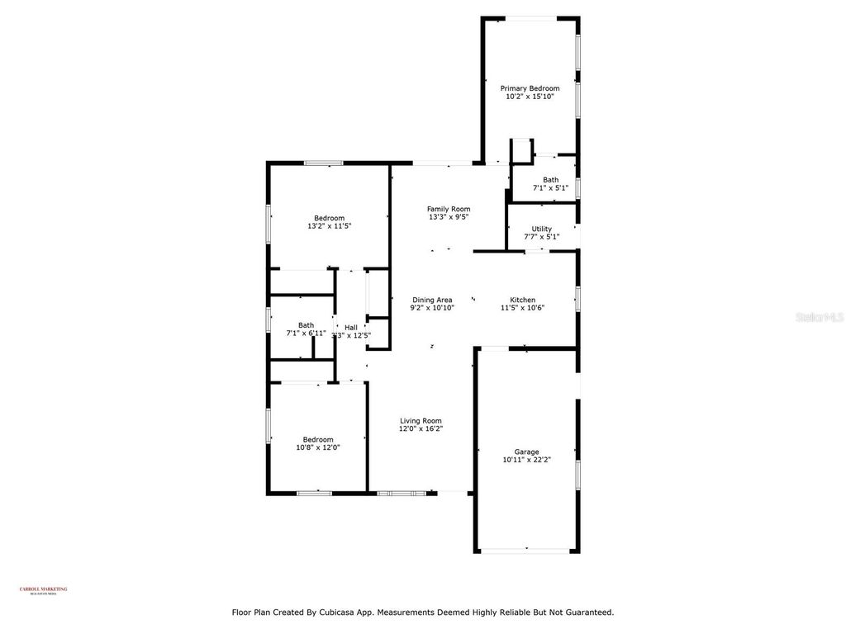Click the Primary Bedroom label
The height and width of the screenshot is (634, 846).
point(530,88)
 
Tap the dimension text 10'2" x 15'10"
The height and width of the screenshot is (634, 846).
point(530,97)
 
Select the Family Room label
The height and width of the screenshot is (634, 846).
point(449,209)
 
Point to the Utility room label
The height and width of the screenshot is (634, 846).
point(542,229)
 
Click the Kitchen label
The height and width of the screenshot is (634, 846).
point(522,300)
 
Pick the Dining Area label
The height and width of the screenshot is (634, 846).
point(432,300)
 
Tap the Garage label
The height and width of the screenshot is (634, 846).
point(526,452)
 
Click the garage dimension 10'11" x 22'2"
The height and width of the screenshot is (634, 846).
point(526,460)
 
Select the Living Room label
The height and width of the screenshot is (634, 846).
point(421,420)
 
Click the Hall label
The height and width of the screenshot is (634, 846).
point(351,327)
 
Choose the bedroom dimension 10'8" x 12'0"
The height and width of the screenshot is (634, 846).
point(318,447)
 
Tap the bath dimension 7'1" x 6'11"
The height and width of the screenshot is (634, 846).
point(306,334)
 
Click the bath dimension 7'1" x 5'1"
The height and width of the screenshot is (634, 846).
point(550,187)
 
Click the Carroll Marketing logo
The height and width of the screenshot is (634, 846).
point(43,589)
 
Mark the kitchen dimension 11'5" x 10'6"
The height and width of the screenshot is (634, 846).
point(522,308)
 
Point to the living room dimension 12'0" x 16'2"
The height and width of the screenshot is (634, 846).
point(421,428)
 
